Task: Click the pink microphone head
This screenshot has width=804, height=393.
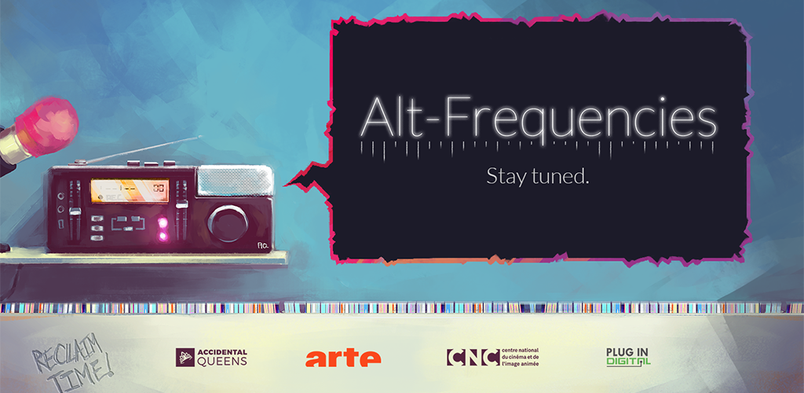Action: [x=47, y=126]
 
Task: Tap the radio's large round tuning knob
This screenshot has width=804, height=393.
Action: [x=228, y=224]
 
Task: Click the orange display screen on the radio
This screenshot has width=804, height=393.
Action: [x=130, y=190]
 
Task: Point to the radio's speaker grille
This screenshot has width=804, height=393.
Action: [x=235, y=181]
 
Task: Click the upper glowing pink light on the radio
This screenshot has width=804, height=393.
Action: [x=163, y=222]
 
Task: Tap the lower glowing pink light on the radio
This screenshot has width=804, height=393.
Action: [x=163, y=236]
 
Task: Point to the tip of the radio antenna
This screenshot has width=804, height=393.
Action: [x=201, y=137]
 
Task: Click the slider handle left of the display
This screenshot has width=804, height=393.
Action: [x=75, y=211]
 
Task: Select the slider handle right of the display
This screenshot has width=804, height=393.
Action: [x=181, y=204]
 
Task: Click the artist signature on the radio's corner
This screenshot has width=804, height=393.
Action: [x=264, y=246]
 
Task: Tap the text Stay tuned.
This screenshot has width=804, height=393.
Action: [x=537, y=176]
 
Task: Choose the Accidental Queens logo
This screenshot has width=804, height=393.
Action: [x=211, y=357]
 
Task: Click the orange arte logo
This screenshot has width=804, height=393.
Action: [x=343, y=358]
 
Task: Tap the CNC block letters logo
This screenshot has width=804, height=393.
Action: [x=473, y=357]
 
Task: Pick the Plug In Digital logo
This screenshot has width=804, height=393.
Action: [x=628, y=357]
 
